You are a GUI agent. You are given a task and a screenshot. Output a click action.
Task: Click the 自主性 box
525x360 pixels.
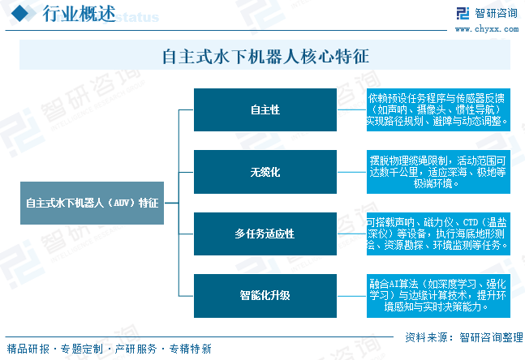point(265,109)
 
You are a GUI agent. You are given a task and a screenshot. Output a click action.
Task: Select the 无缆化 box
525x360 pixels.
point(265,172)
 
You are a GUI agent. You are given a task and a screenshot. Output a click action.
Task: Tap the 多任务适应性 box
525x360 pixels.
point(265,234)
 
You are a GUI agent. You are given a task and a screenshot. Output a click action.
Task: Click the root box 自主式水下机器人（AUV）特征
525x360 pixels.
point(92,203)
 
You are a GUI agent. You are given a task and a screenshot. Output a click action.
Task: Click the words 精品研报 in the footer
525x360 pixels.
point(28,349)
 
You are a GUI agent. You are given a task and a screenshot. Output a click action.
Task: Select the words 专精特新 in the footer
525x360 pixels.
point(191,349)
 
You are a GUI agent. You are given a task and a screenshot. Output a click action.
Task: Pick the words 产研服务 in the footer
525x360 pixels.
point(136,349)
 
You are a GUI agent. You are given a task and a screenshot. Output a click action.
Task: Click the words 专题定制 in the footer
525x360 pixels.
point(81,349)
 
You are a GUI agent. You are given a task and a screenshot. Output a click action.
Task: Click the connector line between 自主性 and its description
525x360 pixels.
point(351,109)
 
